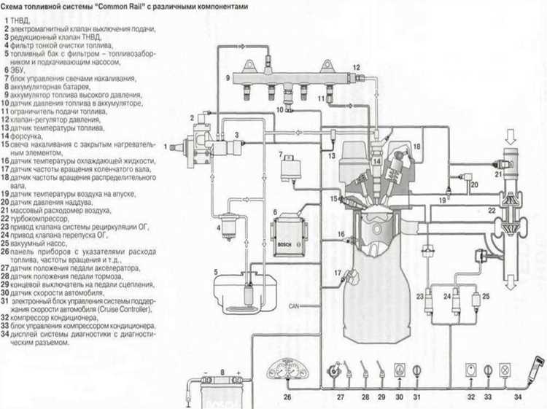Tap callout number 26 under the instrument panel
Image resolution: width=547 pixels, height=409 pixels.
click(x=287, y=397)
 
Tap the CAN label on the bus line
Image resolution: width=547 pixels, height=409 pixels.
click(x=295, y=305)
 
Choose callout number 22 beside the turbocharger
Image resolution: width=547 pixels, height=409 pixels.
click(x=493, y=210)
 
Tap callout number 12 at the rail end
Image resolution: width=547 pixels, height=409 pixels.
click(x=357, y=67)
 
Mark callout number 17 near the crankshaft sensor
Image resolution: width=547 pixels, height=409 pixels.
click(x=338, y=272)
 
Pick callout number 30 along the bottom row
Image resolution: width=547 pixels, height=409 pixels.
click(x=399, y=397)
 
